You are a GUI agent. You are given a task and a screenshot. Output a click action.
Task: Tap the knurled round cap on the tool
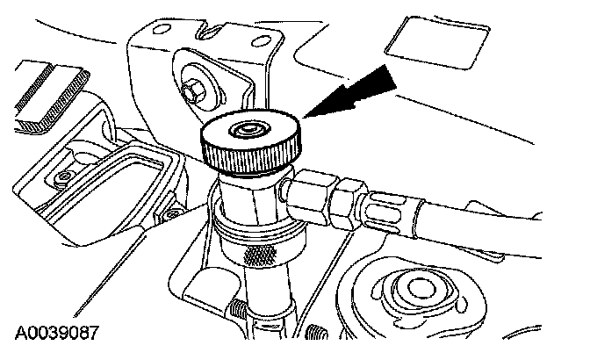[x=251, y=142]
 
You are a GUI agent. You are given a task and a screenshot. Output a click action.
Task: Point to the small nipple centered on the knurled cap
[x=249, y=130]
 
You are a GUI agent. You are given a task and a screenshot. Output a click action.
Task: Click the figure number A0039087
[x=57, y=334]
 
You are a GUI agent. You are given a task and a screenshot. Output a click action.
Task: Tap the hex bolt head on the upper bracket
[x=192, y=91]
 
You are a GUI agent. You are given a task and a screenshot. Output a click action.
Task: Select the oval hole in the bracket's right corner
[x=261, y=40]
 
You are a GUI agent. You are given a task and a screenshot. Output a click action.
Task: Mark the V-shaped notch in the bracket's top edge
[x=208, y=30]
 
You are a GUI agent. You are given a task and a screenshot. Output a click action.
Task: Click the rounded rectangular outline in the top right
[x=437, y=42]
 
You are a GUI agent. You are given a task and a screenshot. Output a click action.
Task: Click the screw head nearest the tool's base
[x=172, y=214]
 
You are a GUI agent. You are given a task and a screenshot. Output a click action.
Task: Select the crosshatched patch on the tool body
[x=260, y=256]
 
